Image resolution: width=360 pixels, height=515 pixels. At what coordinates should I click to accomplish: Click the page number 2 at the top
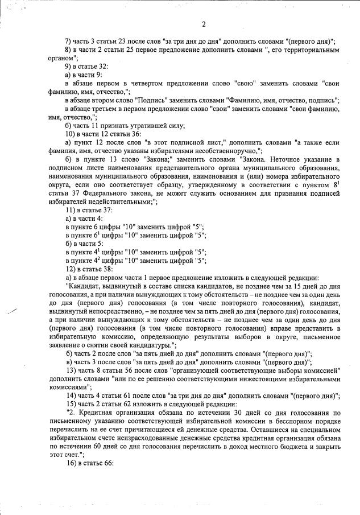(x=203, y=23)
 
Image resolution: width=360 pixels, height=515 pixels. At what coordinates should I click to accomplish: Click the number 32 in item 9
(x=105, y=66)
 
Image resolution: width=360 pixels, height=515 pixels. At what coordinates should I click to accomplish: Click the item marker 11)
(x=70, y=210)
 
